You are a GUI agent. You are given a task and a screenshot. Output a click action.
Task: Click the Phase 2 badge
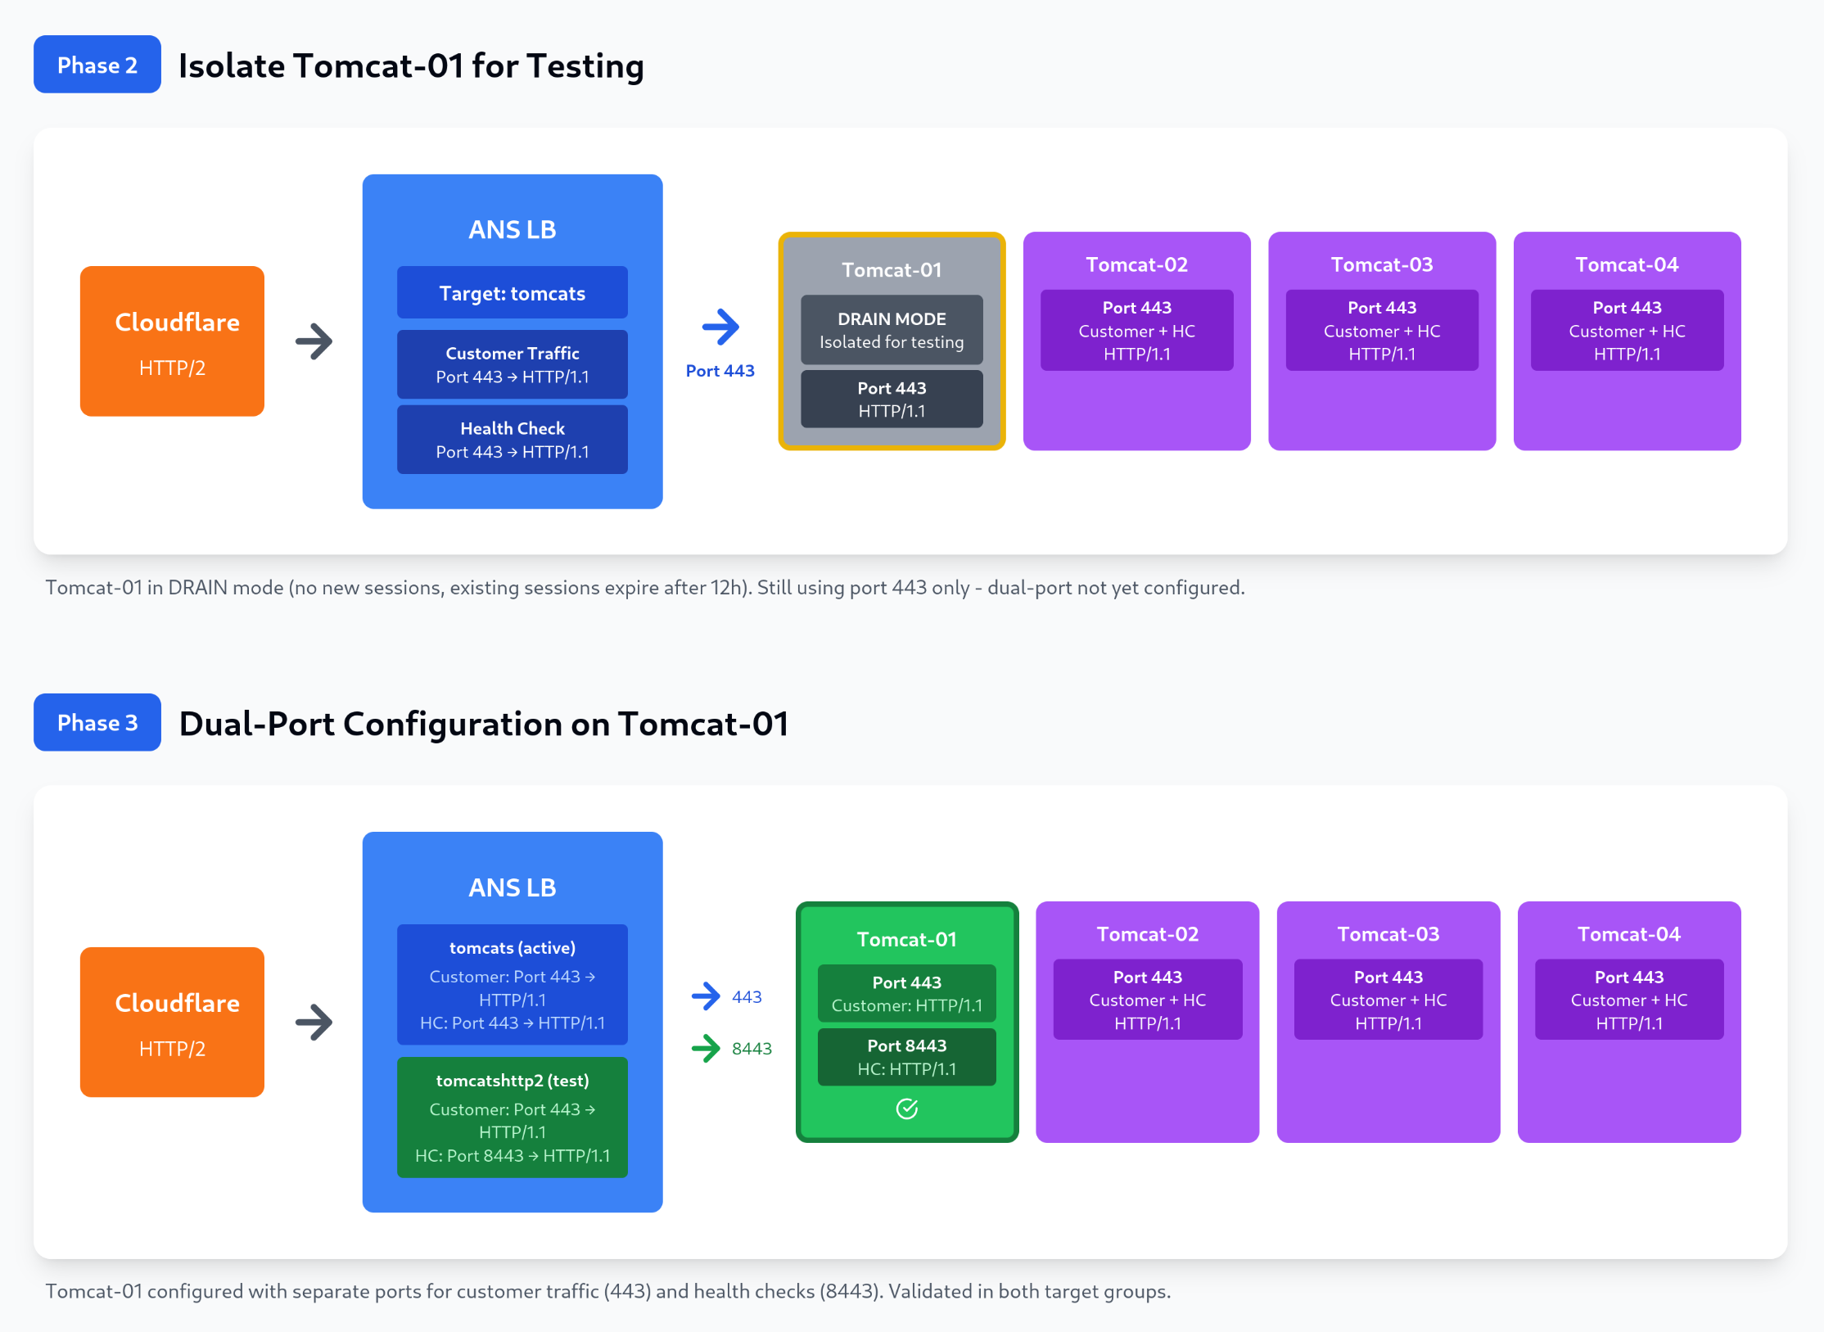pos(97,65)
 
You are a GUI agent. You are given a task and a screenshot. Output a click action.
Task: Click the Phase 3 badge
pos(97,722)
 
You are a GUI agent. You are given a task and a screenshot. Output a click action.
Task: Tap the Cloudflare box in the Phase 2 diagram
pos(172,341)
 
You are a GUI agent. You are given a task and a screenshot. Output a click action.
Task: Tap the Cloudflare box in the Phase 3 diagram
pos(172,1022)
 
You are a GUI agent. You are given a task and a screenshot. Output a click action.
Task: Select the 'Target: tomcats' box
pos(512,292)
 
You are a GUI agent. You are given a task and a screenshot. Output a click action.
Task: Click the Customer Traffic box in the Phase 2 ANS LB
pos(512,364)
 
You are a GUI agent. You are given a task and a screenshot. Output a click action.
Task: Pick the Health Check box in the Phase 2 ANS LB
pos(512,440)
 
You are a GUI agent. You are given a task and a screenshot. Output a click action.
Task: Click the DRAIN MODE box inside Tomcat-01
pos(891,330)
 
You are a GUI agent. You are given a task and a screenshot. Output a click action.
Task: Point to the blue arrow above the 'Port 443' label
pos(720,327)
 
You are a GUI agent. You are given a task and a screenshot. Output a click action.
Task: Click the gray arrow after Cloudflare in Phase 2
pos(314,341)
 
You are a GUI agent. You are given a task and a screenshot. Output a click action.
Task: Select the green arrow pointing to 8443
pos(706,1048)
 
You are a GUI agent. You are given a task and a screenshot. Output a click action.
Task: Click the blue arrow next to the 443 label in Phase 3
pos(706,996)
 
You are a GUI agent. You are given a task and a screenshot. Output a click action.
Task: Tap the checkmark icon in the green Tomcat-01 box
pos(906,1108)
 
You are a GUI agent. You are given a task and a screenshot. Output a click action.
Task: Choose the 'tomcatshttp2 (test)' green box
pos(512,1117)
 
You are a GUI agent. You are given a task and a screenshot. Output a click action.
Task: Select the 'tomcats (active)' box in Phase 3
pos(512,984)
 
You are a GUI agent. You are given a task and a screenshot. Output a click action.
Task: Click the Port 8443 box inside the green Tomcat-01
pos(906,1057)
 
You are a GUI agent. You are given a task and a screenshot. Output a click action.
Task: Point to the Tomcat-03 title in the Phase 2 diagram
pos(1381,264)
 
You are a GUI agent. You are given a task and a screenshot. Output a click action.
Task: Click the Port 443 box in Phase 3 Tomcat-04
pos(1628,999)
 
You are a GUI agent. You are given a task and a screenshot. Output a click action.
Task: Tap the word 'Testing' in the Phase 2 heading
pos(585,65)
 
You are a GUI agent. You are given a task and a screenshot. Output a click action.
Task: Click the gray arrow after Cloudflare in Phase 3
pos(314,1022)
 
